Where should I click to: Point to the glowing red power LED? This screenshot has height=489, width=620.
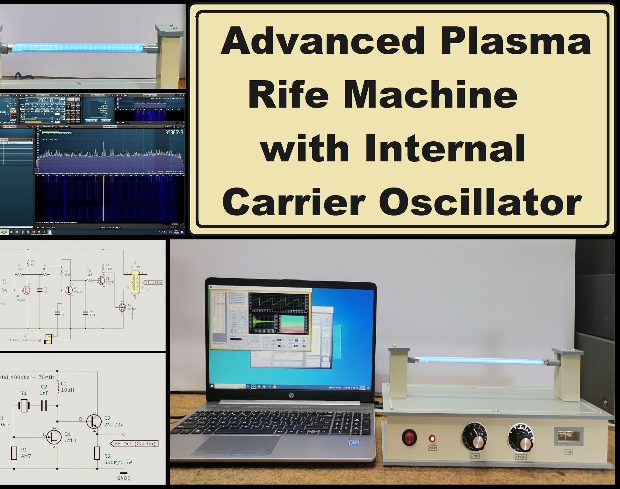click(x=432, y=438)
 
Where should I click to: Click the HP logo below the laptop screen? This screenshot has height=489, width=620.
click(x=291, y=395)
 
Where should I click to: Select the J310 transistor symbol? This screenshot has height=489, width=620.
click(x=54, y=437)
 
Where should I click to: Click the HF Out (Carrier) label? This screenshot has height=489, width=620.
click(x=134, y=443)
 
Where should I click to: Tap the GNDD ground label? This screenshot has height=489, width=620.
click(x=124, y=478)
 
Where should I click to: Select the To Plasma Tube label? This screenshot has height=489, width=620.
click(x=153, y=282)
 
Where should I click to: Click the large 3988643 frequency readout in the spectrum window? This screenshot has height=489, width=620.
click(x=174, y=132)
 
